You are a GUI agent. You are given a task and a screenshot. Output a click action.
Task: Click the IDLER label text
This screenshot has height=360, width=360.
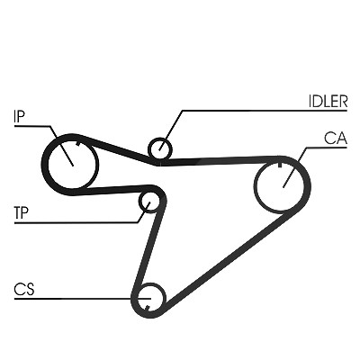coord(328,102)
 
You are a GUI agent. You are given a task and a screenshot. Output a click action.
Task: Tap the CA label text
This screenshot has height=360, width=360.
coord(336,139)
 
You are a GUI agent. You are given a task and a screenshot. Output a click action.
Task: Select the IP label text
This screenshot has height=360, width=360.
coord(19,116)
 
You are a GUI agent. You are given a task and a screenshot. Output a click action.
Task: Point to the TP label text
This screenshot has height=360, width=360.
coord(21,212)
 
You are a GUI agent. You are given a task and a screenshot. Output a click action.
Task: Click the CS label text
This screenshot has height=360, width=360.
coord(24,289)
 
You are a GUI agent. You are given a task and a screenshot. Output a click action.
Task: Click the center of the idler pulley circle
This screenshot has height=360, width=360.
coord(160,148)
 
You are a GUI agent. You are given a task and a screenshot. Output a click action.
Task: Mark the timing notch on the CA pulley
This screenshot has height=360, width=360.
coord(280,165)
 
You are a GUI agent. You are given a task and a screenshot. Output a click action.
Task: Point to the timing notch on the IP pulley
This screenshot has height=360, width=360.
coord(78,143)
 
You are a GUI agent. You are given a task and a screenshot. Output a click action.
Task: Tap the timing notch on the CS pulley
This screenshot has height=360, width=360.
coord(148,308)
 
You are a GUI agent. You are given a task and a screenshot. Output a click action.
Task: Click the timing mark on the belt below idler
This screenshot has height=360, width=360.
coord(161,163)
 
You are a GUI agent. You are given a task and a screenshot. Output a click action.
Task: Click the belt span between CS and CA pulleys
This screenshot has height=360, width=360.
coord(225,259)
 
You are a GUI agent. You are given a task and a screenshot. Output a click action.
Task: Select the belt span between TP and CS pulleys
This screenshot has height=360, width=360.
coord(148,243)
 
